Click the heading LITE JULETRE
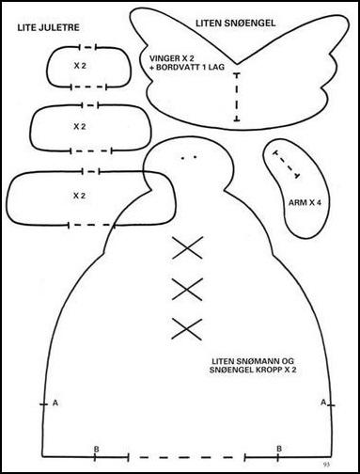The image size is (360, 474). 49,27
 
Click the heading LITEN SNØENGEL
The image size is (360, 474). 236,23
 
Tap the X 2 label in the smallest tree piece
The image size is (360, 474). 80,66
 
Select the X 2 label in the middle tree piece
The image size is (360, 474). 80,127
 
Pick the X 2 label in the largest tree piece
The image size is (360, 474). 79,196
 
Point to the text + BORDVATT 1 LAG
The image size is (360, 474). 187,67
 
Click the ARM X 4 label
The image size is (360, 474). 305,202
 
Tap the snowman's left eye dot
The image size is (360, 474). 182,158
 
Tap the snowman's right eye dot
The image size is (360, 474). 196,157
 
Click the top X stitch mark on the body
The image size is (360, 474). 188,247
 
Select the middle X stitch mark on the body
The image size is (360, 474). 187,290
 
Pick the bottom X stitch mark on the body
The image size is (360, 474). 187,329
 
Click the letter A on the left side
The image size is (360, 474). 55,403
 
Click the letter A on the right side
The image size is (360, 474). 323,403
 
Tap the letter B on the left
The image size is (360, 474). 97,450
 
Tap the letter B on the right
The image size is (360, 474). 279,449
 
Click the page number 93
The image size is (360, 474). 326,464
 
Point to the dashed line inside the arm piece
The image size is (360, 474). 287,165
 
